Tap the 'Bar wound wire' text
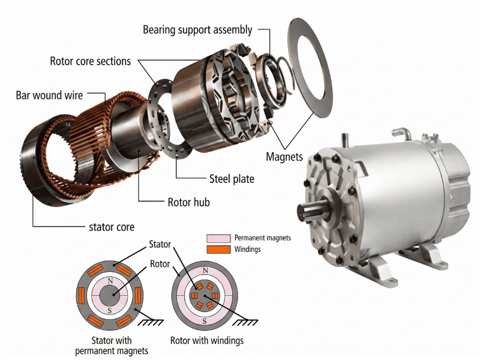pyautogui.click(x=50, y=96)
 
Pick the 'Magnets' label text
pyautogui.click(x=285, y=157)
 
